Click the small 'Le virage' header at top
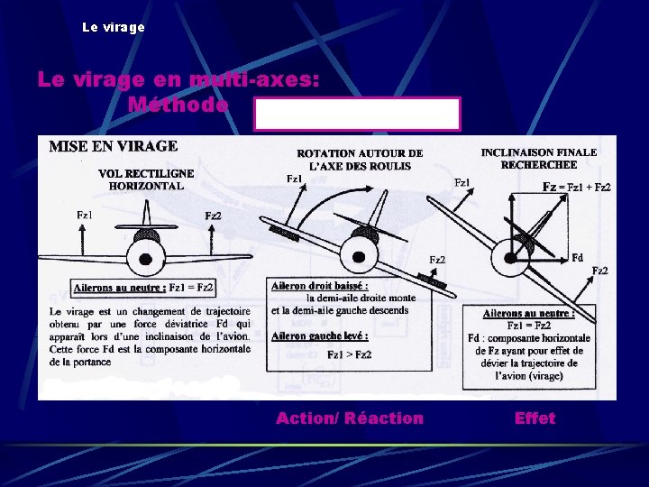113,27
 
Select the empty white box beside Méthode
357,115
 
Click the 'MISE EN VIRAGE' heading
113,145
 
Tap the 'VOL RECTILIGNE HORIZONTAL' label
145,179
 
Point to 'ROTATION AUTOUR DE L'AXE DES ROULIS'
360,160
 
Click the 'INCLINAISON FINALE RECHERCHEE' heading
539,159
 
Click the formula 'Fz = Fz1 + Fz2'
576,187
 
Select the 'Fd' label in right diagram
578,257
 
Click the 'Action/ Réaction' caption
349,418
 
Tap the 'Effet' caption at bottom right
535,418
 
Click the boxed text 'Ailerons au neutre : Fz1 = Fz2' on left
144,288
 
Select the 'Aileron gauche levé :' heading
320,335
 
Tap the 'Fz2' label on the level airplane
214,216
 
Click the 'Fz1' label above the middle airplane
294,179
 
